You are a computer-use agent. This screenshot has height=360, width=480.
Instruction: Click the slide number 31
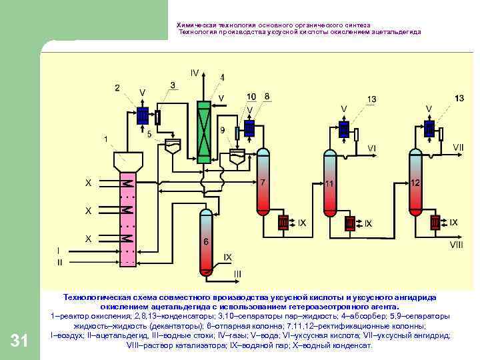coord(20,342)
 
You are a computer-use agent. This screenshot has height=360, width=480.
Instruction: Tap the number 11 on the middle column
coord(329,183)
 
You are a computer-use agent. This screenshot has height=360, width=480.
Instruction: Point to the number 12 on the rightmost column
coord(415,183)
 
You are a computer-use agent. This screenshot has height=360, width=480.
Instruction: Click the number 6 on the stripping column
coord(206,242)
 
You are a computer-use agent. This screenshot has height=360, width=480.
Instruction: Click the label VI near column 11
coord(371,148)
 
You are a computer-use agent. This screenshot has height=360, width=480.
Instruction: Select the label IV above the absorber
coord(194,72)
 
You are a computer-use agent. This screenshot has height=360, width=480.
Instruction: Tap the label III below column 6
coord(237,274)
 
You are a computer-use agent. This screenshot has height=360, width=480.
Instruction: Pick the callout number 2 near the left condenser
coord(117,87)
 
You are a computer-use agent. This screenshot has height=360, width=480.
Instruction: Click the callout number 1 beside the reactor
coord(105,139)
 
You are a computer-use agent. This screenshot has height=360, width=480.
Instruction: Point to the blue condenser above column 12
coord(429,127)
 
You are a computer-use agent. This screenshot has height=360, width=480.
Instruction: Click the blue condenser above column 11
coord(344,128)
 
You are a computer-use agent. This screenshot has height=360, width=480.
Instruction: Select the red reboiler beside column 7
coord(283,222)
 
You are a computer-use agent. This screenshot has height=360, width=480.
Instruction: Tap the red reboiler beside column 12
coord(435,221)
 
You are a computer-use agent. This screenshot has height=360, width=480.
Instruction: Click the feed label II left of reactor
coord(60,262)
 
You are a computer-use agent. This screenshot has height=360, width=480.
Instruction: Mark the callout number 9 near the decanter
coord(222,130)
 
